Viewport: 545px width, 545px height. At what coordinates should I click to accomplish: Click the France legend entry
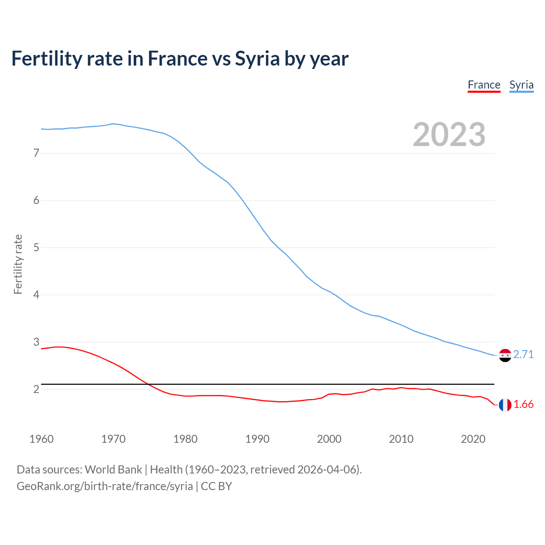click(x=484, y=85)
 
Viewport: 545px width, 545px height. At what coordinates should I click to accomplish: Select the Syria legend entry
click(x=521, y=85)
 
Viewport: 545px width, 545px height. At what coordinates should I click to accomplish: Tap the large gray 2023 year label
click(x=449, y=135)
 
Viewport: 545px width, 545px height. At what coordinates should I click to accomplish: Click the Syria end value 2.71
click(x=523, y=354)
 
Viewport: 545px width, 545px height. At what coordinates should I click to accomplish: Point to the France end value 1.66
click(x=523, y=404)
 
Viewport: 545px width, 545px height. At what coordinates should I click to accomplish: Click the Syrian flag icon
click(x=505, y=355)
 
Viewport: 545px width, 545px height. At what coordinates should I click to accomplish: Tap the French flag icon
click(x=505, y=405)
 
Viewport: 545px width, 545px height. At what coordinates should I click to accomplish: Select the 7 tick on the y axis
click(x=36, y=153)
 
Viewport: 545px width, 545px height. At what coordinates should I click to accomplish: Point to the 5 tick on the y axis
click(x=36, y=247)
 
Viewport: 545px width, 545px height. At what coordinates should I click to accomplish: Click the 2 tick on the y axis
click(x=36, y=389)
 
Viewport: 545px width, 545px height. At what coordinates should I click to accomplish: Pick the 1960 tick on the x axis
click(x=41, y=439)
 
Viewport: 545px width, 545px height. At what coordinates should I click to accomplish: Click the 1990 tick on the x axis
click(x=257, y=439)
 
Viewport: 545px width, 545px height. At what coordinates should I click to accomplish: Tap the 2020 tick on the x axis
click(x=473, y=439)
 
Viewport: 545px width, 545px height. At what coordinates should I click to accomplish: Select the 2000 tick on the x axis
click(x=329, y=439)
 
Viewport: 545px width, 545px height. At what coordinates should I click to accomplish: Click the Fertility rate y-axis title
click(x=18, y=264)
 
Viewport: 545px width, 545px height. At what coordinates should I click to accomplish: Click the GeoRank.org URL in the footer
click(x=105, y=486)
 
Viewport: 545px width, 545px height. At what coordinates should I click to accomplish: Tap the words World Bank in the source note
click(x=113, y=469)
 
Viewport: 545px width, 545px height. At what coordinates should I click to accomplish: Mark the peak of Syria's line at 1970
click(x=113, y=124)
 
